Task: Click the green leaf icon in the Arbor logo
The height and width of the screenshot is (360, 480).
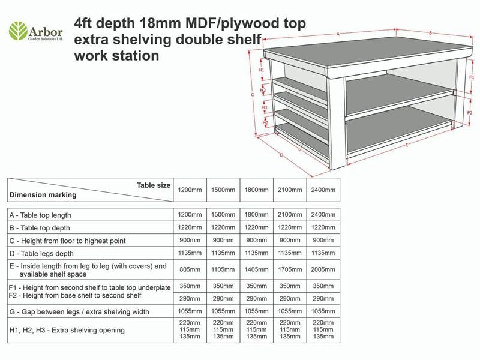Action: (x=18, y=30)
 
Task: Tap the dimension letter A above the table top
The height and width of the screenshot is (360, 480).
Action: (x=338, y=34)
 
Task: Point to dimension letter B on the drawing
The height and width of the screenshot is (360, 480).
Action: (x=430, y=33)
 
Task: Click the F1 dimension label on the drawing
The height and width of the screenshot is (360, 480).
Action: (x=471, y=77)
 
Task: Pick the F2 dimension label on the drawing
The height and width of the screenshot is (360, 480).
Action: (x=470, y=112)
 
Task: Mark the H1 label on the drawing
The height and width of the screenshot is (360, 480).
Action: (x=262, y=70)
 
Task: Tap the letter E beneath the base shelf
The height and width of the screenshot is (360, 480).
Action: (x=407, y=145)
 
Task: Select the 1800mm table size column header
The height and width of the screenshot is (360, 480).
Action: (x=256, y=190)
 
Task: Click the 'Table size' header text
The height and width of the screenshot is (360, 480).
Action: (x=154, y=185)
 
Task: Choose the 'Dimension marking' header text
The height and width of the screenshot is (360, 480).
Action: (x=43, y=195)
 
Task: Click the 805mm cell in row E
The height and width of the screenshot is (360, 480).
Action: (x=190, y=269)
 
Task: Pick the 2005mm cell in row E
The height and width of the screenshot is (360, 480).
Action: (x=323, y=269)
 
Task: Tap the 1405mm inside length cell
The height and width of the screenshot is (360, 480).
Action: (x=256, y=269)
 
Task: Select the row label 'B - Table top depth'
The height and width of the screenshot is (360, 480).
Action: (x=40, y=228)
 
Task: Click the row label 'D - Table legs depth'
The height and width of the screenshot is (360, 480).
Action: (x=42, y=253)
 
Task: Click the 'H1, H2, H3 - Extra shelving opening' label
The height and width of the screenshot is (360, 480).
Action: (x=67, y=330)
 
